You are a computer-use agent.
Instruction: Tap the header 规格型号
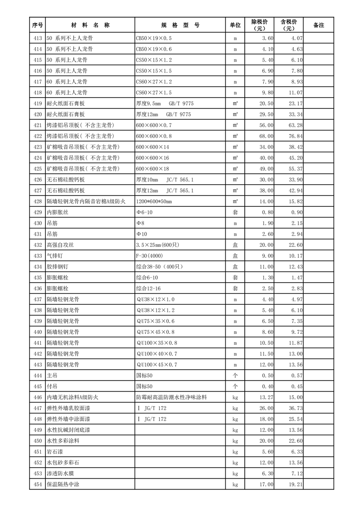click(180, 25)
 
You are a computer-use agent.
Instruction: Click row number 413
click(38, 38)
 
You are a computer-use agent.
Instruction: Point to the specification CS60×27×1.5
click(154, 93)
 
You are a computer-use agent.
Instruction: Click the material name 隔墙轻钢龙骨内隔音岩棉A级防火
click(89, 201)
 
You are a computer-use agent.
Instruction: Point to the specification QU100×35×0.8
click(157, 343)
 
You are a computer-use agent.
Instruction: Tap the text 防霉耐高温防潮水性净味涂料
click(171, 397)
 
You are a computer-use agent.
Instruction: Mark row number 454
click(38, 485)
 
